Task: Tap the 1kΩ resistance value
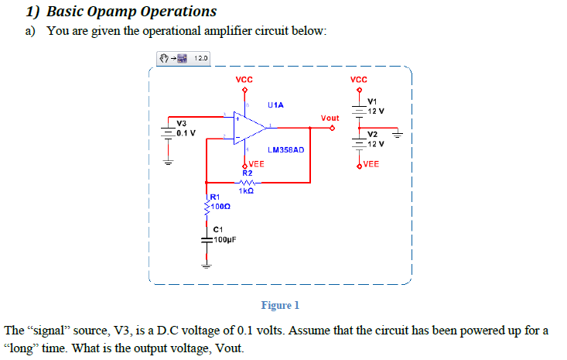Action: [x=247, y=190]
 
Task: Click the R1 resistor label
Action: [x=215, y=198]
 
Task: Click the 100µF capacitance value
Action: [x=224, y=239]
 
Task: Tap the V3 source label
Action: [x=181, y=124]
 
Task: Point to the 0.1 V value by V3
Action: [x=186, y=132]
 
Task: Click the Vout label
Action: [x=330, y=118]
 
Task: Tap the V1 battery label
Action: [x=372, y=101]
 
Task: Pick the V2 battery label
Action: [x=372, y=135]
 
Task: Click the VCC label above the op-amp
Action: [x=244, y=80]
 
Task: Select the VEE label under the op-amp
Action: [x=255, y=164]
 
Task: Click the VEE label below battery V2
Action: [x=371, y=164]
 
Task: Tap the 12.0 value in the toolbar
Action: [x=200, y=58]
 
